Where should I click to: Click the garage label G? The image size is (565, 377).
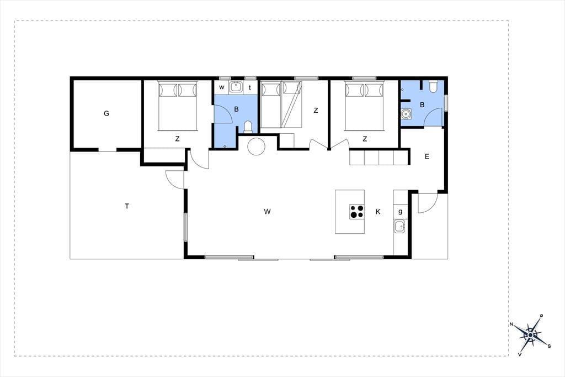point(106,113)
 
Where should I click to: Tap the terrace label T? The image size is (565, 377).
point(127,206)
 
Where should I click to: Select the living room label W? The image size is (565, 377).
point(267,212)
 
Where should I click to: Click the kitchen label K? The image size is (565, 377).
point(378,212)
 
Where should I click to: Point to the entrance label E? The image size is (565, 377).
point(427,156)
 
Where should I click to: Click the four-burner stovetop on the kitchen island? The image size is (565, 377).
point(357,212)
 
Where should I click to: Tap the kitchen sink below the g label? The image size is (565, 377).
point(399,227)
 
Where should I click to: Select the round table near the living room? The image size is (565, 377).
point(257,146)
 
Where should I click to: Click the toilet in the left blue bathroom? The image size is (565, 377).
point(248,127)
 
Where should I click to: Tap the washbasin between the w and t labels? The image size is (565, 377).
point(236,87)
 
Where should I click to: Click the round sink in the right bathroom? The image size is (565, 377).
point(406,114)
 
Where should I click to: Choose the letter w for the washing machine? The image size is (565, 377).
point(222,87)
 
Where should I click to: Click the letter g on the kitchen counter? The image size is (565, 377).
point(401,212)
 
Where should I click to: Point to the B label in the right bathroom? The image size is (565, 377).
point(422,104)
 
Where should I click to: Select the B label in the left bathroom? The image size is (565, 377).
point(236,109)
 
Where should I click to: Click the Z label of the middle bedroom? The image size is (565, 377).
point(316,111)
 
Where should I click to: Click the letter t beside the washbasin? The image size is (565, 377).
point(250,88)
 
